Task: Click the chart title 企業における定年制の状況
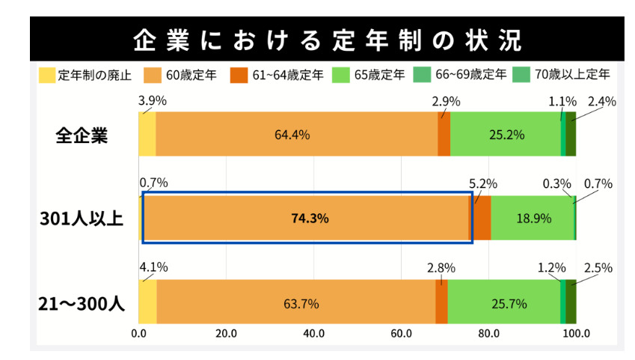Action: coord(327,40)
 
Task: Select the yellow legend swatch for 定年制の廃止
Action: coord(46,75)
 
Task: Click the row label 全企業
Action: coord(82,135)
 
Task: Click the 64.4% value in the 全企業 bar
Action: coord(292,135)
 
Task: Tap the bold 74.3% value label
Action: coord(310,219)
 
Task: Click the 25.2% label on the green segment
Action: coord(506,135)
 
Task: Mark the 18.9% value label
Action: coord(533,219)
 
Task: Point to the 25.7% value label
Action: coord(509,304)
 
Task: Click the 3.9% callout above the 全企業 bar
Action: coord(153,100)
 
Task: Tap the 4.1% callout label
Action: coord(153,268)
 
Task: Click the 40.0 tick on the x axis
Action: coord(313,334)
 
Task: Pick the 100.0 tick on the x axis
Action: coord(576,334)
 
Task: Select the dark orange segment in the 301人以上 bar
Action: coord(482,218)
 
